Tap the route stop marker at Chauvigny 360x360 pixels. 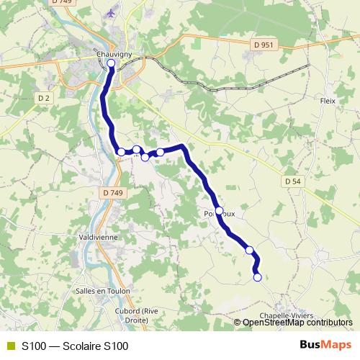point(111,63)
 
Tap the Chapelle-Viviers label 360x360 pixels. point(303,315)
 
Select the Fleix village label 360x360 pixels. point(328,101)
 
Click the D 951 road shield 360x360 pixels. point(264,45)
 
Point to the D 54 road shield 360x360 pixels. point(292,181)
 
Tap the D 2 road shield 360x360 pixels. point(45,97)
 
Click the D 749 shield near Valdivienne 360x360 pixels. point(113,192)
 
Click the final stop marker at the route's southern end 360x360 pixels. point(257,277)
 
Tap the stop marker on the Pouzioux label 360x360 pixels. point(219,211)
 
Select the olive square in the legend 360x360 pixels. point(10,346)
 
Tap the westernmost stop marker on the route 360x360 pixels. point(121,152)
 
